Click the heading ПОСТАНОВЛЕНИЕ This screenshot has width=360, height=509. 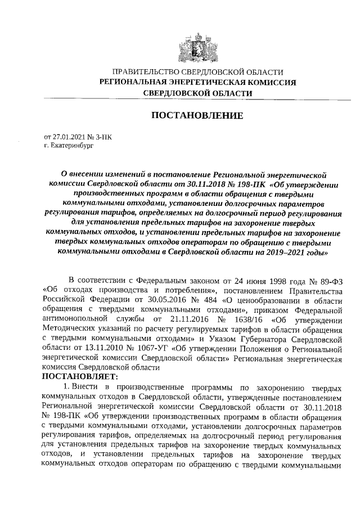tap(197, 116)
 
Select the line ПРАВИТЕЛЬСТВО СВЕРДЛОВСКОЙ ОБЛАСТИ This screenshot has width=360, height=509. tap(197, 72)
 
